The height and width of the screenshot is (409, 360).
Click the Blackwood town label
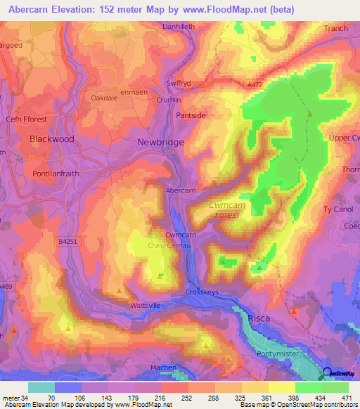pyautogui.click(x=52, y=139)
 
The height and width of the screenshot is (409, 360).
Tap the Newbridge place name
pyautogui.click(x=160, y=142)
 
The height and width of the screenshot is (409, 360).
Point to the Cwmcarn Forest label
pyautogui.click(x=233, y=209)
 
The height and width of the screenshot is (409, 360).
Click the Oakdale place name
pyautogui.click(x=106, y=98)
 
